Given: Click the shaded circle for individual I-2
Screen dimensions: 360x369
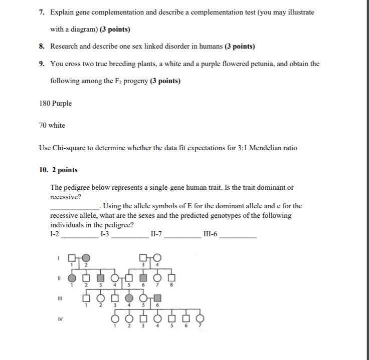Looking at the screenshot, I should [86, 258].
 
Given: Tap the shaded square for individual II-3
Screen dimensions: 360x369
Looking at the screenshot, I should [100, 277].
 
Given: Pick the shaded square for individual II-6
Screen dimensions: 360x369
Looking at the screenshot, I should [143, 277].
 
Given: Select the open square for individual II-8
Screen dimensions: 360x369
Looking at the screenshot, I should [171, 277].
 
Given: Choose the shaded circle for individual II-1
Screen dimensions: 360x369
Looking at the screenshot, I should [73, 277].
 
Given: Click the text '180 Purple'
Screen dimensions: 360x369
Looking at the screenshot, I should [55, 104].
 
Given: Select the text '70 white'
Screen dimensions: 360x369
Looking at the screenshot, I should [52, 125].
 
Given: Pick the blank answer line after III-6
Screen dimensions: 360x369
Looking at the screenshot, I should [238, 234].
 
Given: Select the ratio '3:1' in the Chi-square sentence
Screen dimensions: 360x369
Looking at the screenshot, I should [241, 148].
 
